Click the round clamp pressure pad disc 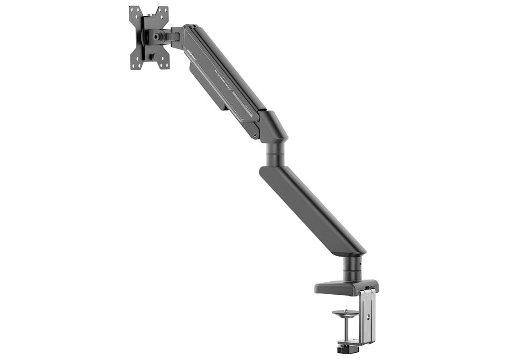[345, 313]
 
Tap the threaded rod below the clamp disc [345, 329]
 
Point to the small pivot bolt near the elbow [254, 133]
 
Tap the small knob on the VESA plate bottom [153, 56]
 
